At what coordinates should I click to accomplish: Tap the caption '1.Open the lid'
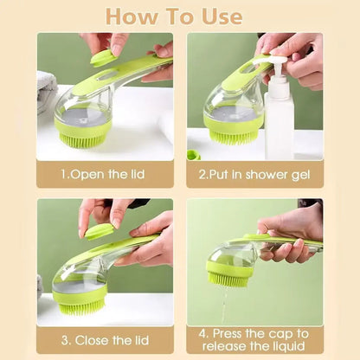(x=105, y=173)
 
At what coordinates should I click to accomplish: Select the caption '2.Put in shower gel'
(x=254, y=173)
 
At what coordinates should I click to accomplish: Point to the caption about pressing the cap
(x=254, y=339)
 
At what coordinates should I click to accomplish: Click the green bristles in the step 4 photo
(x=228, y=276)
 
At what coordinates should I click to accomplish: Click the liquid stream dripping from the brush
(x=225, y=303)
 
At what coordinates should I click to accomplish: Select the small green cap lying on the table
(x=193, y=154)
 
